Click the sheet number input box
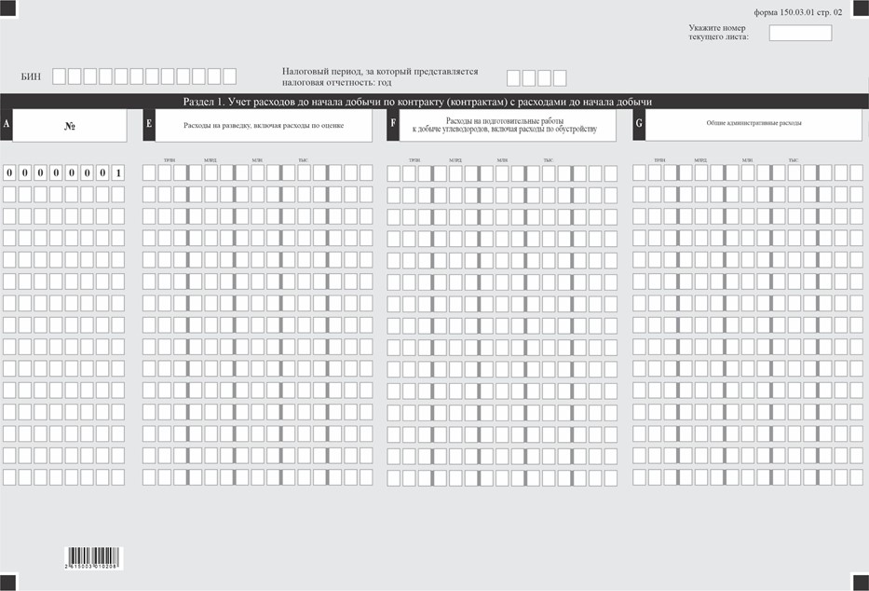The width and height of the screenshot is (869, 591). coord(800,34)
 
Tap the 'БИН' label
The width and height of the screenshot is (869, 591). coord(31,76)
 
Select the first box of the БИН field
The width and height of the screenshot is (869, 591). coord(60,76)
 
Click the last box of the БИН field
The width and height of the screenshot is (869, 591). coord(229,76)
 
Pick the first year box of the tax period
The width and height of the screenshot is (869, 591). coord(513,78)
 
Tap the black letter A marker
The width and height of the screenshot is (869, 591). coord(7,124)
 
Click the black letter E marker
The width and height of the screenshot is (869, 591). coord(149,124)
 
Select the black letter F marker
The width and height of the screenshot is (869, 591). coord(393,124)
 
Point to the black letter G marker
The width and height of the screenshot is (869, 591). coord(639,124)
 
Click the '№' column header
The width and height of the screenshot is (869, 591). coord(70,125)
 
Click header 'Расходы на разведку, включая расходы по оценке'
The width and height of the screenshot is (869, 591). coord(264,124)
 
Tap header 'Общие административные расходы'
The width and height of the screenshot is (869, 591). coord(754,123)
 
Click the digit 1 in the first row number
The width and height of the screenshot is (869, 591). coord(118,172)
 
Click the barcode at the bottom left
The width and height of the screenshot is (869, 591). coord(92,558)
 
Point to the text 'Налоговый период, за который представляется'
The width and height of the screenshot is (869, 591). coord(379,71)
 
